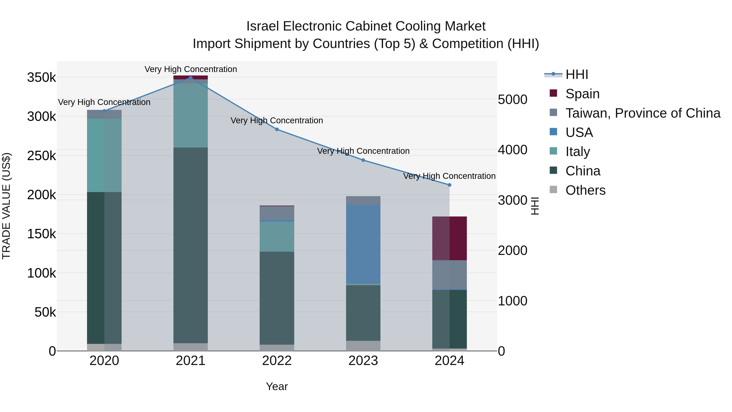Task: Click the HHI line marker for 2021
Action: pyautogui.click(x=190, y=78)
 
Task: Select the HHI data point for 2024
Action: pyautogui.click(x=449, y=185)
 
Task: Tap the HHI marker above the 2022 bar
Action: pyautogui.click(x=277, y=129)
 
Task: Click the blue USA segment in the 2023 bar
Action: pyautogui.click(x=363, y=244)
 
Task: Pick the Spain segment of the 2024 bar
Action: pyautogui.click(x=449, y=238)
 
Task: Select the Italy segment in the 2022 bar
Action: pyautogui.click(x=277, y=237)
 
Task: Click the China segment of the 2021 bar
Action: pyautogui.click(x=190, y=245)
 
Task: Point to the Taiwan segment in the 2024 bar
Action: pyautogui.click(x=449, y=275)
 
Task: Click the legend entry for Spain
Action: pyautogui.click(x=582, y=94)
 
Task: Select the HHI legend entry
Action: pyautogui.click(x=577, y=74)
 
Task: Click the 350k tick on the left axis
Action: pyautogui.click(x=41, y=77)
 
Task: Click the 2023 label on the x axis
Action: pyautogui.click(x=363, y=361)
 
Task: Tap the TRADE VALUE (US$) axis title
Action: pyautogui.click(x=6, y=206)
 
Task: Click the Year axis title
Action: pyautogui.click(x=277, y=386)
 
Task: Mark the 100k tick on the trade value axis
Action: pyautogui.click(x=41, y=273)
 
